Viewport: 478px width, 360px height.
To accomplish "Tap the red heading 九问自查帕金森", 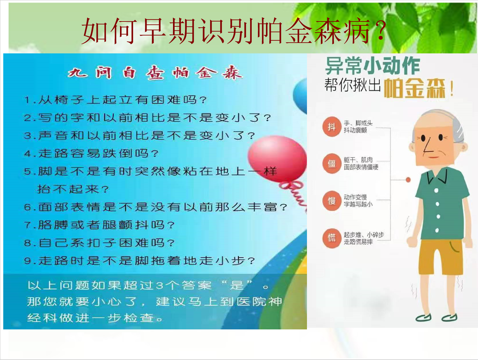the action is pyautogui.click(x=155, y=73).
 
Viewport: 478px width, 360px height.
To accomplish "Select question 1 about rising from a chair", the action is pyautogui.click(x=115, y=100).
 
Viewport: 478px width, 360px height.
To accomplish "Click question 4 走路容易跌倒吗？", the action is pyautogui.click(x=91, y=153).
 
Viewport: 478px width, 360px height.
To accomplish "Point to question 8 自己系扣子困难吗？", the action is pyautogui.click(x=99, y=243).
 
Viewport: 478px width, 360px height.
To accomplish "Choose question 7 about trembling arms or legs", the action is pyautogui.click(x=99, y=225).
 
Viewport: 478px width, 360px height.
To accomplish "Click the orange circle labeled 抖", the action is pyautogui.click(x=332, y=127).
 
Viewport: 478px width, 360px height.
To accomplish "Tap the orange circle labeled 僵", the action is pyautogui.click(x=332, y=164).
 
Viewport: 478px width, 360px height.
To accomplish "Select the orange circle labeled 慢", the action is pyautogui.click(x=332, y=201).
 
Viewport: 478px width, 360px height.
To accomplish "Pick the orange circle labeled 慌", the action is pyautogui.click(x=332, y=238).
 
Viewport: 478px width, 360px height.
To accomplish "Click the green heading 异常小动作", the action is pyautogui.click(x=372, y=66).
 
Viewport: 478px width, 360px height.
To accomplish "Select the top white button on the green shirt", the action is pyautogui.click(x=436, y=190).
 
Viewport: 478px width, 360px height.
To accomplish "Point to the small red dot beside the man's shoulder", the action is pyautogui.click(x=408, y=180).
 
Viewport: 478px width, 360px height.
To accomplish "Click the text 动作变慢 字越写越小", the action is pyautogui.click(x=358, y=201).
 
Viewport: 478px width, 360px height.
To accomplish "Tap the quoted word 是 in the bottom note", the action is pyautogui.click(x=236, y=285).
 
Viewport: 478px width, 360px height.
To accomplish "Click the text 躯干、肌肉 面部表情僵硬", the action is pyautogui.click(x=361, y=163).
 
